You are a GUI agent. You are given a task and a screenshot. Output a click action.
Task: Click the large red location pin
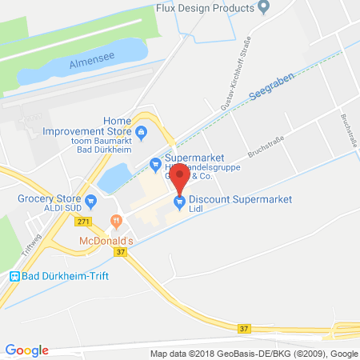(x=180, y=176)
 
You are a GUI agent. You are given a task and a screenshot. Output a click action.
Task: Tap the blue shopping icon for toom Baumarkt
(x=141, y=131)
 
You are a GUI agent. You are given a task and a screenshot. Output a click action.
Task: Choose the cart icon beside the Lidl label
(x=180, y=200)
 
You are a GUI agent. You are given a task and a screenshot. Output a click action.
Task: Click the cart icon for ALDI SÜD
(x=91, y=200)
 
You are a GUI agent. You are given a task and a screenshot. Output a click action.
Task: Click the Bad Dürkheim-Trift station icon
(x=14, y=276)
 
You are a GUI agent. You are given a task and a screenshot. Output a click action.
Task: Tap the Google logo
(x=27, y=350)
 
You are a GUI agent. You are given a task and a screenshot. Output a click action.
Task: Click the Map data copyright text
(x=253, y=353)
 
